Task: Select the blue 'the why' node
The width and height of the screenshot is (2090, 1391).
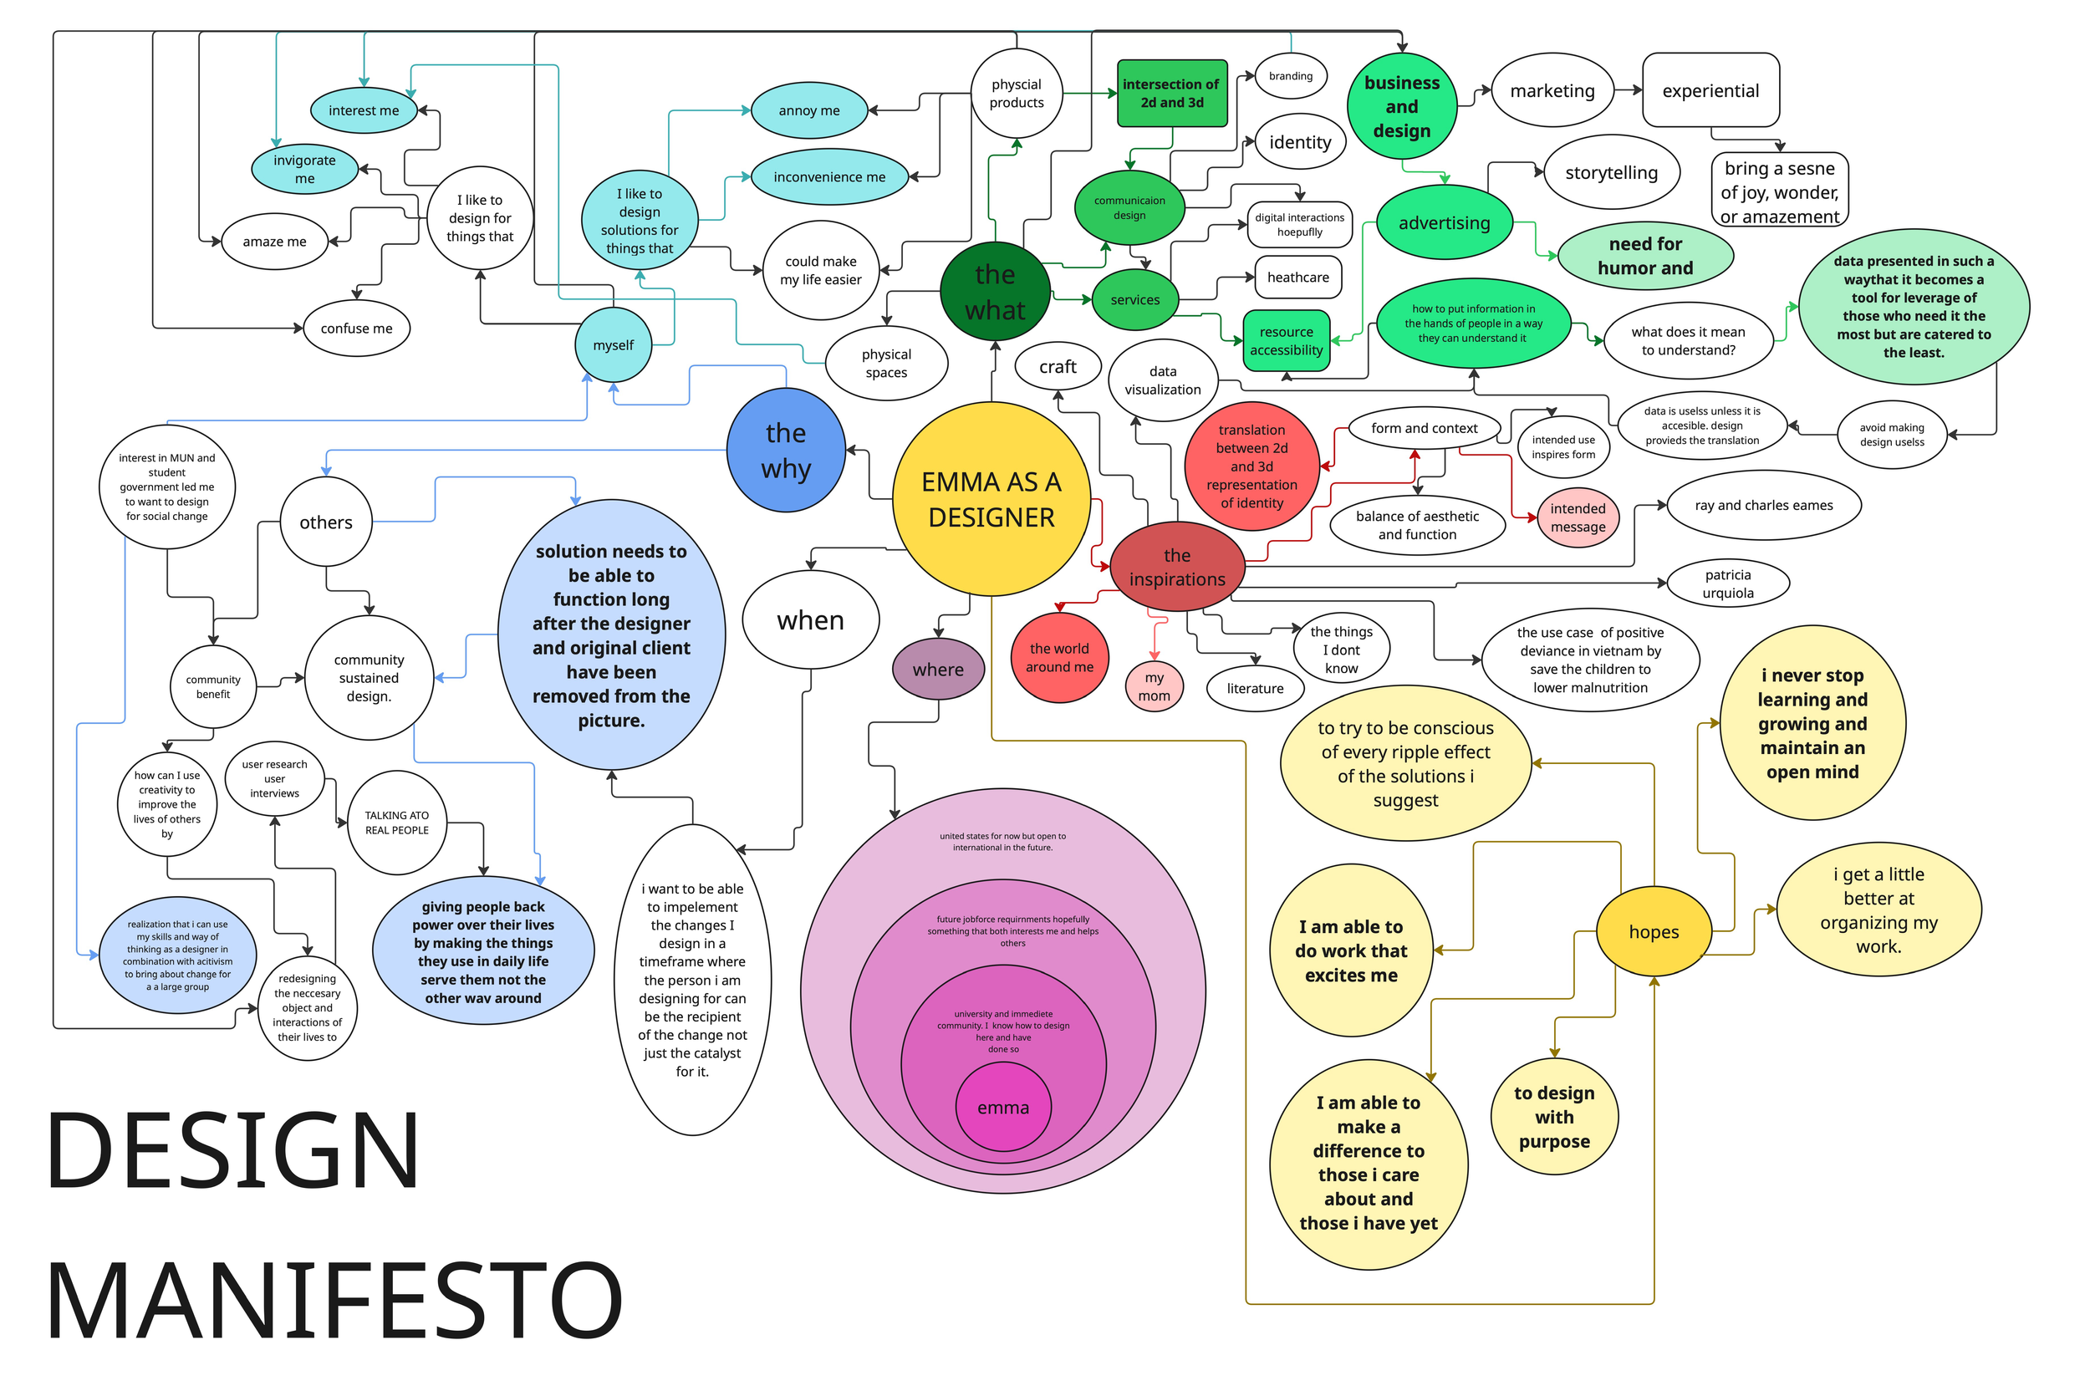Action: pos(785,450)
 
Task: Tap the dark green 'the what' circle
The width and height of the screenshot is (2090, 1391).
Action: pos(995,291)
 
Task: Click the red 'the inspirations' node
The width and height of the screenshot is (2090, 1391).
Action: pos(1176,566)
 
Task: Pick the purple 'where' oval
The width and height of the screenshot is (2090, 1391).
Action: pos(937,669)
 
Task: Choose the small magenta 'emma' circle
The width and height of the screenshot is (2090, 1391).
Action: pos(1002,1107)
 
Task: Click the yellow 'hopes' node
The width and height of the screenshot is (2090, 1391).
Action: pos(1653,931)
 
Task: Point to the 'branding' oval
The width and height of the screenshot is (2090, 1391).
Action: pos(1290,76)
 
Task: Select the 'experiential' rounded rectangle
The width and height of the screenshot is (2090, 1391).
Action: pos(1710,90)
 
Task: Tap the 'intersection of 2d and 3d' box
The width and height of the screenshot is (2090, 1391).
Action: pos(1171,93)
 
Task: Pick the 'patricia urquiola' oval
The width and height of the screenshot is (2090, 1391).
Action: pos(1727,583)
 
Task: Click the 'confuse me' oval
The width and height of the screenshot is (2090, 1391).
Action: pos(356,329)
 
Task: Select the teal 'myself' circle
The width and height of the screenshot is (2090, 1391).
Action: pos(613,345)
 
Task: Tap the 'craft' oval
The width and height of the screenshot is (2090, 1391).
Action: pos(1058,366)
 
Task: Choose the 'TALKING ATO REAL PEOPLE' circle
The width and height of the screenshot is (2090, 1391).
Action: pos(396,823)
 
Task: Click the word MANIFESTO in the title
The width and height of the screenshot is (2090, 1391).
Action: pos(334,1300)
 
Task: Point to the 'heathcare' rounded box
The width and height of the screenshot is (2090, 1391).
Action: pos(1297,277)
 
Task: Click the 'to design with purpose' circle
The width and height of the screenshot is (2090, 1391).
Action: pos(1553,1117)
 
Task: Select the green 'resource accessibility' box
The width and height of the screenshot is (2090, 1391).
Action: pos(1286,341)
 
